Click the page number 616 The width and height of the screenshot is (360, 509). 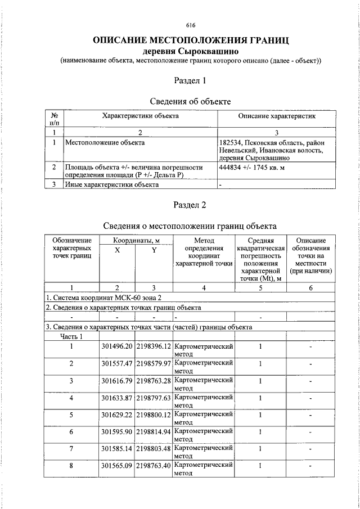tap(190, 25)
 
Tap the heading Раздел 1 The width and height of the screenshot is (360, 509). tap(190, 80)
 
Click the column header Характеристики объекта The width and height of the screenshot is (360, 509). tap(140, 116)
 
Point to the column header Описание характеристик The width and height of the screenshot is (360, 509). tap(276, 116)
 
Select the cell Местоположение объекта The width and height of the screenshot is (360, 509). tap(105, 142)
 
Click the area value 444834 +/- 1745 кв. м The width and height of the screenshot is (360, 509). tap(250, 168)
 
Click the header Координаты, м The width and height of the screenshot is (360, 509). tap(135, 240)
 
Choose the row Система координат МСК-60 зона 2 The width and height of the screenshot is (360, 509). tap(107, 297)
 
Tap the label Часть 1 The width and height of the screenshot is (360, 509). tap(72, 336)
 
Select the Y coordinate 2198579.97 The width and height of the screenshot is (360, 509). tap(154, 363)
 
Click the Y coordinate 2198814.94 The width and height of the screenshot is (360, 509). tap(154, 431)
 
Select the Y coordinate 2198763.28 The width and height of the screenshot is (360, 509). tap(154, 381)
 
